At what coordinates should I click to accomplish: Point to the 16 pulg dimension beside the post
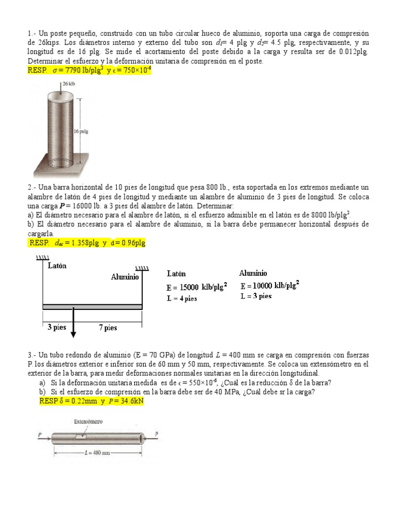pos(81,131)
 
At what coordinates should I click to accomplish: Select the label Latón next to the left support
pos(57,266)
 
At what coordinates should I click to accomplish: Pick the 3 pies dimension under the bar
pos(56,328)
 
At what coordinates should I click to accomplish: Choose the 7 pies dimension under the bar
pos(108,328)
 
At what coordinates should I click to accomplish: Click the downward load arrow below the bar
pos(73,325)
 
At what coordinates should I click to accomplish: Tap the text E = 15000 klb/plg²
pos(197,287)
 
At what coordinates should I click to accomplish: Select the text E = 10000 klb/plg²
pos(270,285)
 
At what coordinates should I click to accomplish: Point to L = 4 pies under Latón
pos(182,298)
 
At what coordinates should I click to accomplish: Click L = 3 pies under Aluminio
pos(256,296)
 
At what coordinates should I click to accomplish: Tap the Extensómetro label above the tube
pos(88,422)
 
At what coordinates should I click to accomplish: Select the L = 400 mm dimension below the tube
pos(98,453)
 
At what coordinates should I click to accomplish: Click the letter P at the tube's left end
pos(39,435)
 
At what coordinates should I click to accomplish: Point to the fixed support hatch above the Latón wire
pos(42,257)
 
